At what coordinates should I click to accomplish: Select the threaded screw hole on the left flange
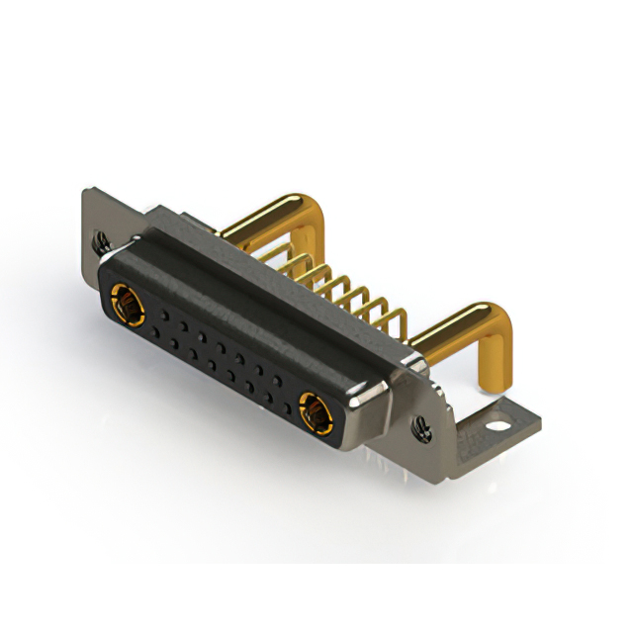click(x=100, y=238)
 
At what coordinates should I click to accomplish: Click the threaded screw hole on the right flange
click(x=422, y=426)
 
